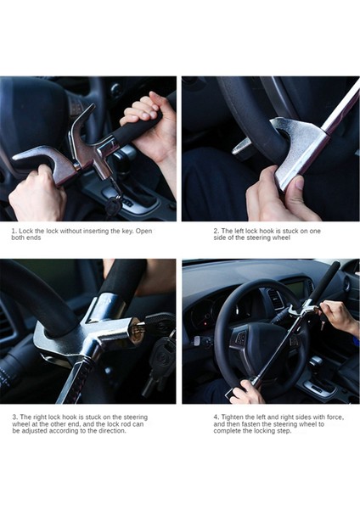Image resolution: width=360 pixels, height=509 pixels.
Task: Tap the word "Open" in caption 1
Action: [143, 232]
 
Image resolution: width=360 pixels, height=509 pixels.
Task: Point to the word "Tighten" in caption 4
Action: [233, 417]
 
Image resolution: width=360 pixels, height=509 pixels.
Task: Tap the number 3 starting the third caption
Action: [14, 417]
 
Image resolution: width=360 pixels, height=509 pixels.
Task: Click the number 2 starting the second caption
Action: [216, 231]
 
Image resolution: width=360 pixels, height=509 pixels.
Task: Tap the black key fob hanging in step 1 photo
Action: [112, 206]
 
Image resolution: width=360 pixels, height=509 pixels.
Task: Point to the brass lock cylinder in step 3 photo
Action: [137, 332]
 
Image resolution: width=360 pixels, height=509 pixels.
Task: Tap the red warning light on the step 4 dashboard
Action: [204, 324]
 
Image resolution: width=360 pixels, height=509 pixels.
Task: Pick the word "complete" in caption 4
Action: [227, 431]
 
